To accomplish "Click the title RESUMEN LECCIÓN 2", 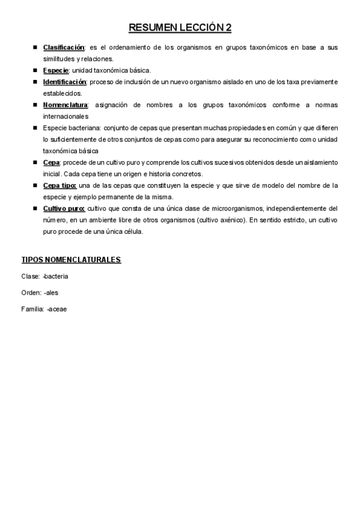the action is point(180,28).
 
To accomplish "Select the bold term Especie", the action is point(56,70).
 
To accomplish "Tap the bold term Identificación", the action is point(65,82).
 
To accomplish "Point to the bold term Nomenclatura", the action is point(66,105).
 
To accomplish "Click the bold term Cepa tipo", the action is point(59,185).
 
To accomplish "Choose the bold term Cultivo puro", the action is point(64,208).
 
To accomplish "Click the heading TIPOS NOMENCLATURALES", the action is point(71,260).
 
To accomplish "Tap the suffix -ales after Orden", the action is point(51,292).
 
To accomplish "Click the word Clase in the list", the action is point(30,276).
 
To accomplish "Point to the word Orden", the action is point(31,292).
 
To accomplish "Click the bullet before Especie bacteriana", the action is point(35,127).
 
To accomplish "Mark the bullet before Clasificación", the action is point(35,48).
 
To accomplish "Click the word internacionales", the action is point(66,116).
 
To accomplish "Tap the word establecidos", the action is point(62,93).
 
